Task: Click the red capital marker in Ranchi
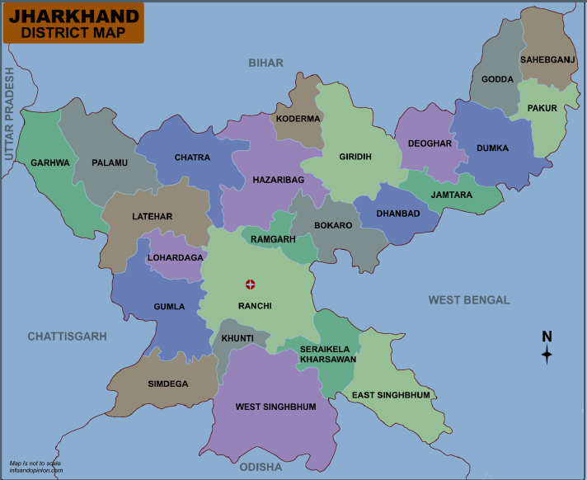(251, 285)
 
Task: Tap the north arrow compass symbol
(546, 348)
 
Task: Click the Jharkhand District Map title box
(73, 23)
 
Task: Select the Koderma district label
(298, 119)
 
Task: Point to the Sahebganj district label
(547, 59)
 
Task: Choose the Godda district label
(497, 79)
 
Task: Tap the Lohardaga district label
(175, 257)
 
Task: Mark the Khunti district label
(237, 338)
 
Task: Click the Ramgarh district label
(272, 239)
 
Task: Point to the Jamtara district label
(452, 195)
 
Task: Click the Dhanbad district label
(398, 214)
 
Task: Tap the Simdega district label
(167, 384)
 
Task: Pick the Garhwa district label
(50, 162)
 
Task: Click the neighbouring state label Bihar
(265, 63)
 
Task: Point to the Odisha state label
(261, 468)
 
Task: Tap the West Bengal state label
(468, 300)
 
